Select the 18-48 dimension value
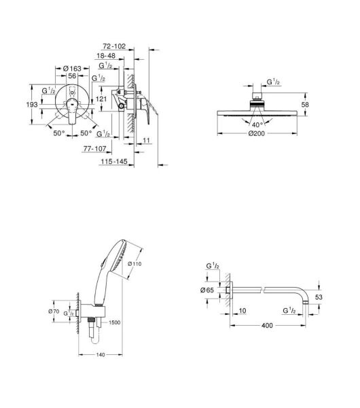(x=108, y=57)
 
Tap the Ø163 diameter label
(x=71, y=68)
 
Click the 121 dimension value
(x=101, y=99)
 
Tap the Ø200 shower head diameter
(x=257, y=133)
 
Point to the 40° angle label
(x=256, y=124)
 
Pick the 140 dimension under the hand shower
(x=100, y=356)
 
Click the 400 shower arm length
(x=266, y=325)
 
